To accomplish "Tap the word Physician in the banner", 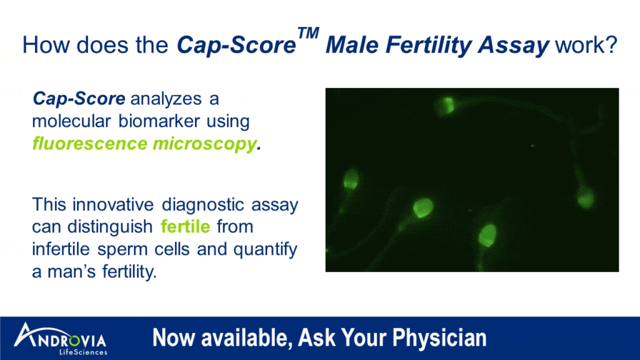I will tap(439, 338).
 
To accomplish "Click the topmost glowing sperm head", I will tap(446, 104).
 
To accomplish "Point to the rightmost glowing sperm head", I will tap(586, 199).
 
